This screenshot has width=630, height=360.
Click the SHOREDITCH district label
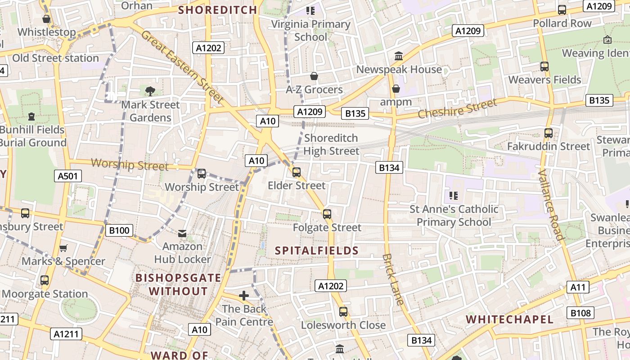tap(218, 10)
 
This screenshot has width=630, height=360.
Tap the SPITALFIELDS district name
tap(317, 251)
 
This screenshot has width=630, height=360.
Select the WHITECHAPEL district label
tap(509, 319)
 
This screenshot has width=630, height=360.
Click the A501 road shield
tap(68, 176)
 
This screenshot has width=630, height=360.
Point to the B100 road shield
tap(119, 231)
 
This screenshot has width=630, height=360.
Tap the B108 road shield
tap(581, 313)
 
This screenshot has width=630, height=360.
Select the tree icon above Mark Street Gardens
tap(150, 91)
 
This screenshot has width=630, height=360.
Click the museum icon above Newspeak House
tap(398, 56)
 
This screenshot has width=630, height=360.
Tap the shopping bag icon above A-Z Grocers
tap(314, 76)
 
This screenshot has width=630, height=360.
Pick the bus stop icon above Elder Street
tap(296, 172)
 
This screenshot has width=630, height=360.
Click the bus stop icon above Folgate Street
tap(327, 214)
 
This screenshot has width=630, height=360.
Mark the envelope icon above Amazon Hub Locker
tap(182, 233)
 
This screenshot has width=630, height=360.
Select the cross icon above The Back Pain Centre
tap(244, 296)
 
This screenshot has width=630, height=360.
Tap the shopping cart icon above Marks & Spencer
tap(63, 248)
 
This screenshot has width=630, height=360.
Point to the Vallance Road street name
tap(551, 205)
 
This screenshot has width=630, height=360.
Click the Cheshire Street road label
tap(457, 109)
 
